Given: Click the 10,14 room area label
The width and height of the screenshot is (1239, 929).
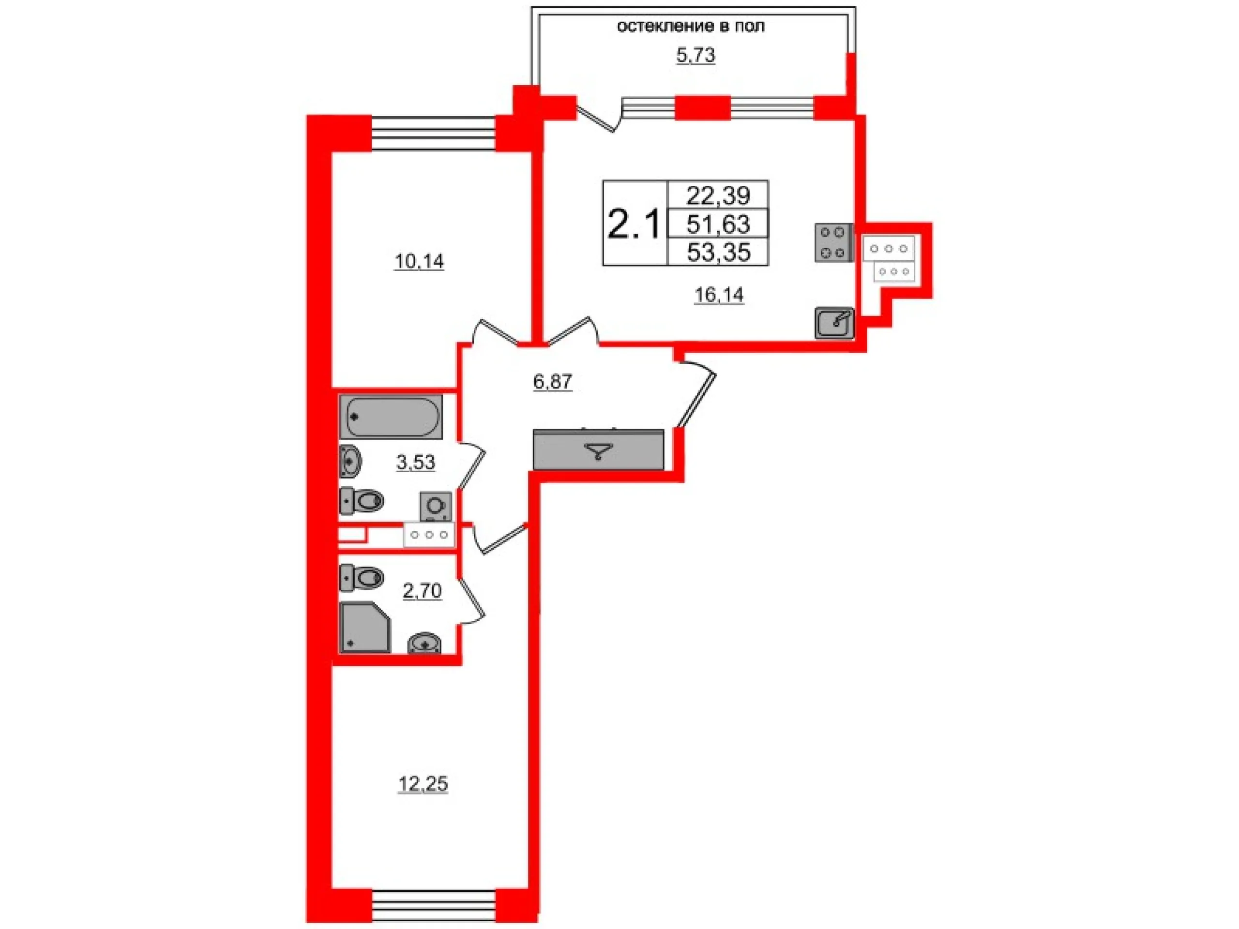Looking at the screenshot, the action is click(x=420, y=261).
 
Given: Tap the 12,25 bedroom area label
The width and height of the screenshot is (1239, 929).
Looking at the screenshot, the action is click(x=423, y=784).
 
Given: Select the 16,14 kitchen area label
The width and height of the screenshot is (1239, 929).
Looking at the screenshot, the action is click(x=719, y=295).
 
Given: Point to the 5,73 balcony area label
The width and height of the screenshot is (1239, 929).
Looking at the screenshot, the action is click(x=695, y=56).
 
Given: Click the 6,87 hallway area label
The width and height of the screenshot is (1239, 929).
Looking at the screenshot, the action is click(x=553, y=382).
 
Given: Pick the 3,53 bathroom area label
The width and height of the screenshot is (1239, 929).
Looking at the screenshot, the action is click(x=416, y=463).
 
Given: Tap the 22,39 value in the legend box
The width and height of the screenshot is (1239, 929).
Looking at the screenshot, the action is click(x=718, y=195).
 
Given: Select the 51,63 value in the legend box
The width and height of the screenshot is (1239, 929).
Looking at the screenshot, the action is click(x=718, y=224).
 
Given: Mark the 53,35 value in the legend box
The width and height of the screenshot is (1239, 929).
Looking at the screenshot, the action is click(x=718, y=253).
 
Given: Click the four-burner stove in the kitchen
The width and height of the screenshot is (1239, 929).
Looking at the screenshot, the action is click(x=833, y=242).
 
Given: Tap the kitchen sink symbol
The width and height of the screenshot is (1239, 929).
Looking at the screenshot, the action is click(x=834, y=323).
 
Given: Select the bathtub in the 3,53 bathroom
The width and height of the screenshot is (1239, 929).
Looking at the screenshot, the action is click(x=391, y=417).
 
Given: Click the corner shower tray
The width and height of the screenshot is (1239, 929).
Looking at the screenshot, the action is click(x=364, y=627).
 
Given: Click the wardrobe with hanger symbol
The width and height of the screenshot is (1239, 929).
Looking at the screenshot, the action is click(x=598, y=449).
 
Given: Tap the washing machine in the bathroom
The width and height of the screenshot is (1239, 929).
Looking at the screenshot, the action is click(x=436, y=506).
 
